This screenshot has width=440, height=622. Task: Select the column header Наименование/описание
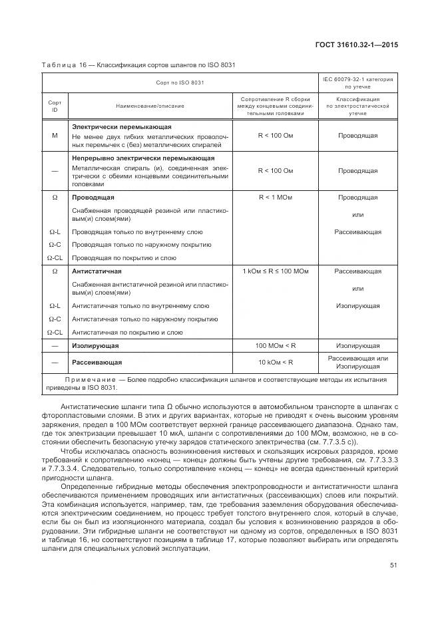[x=150, y=105]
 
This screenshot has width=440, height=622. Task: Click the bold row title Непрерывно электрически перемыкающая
[x=142, y=158]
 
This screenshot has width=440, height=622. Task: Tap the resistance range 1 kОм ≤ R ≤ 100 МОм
[x=275, y=271]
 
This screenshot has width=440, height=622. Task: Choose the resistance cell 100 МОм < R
[x=275, y=346]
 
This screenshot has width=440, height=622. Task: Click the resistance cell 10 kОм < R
[x=275, y=363]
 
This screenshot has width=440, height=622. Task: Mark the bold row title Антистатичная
[x=97, y=271]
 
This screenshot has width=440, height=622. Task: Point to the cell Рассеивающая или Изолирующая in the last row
[x=357, y=363]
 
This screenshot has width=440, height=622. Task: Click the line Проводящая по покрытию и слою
[x=124, y=257]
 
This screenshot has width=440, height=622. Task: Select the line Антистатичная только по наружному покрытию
[x=136, y=319]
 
